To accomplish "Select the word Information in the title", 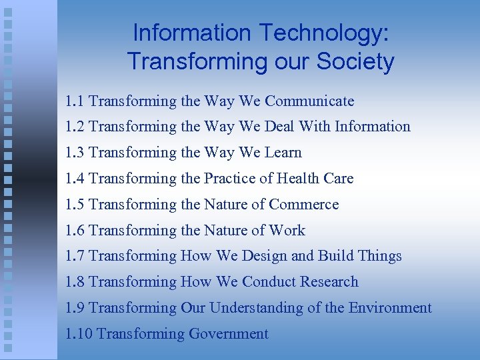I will click(x=191, y=32).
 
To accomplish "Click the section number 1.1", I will click(x=75, y=101).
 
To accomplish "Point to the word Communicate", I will click(x=309, y=101).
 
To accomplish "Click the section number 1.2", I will click(x=75, y=127).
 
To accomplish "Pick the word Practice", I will click(x=225, y=179).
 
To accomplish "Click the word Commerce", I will click(x=303, y=205).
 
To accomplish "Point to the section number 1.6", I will click(x=75, y=231).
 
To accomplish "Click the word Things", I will click(x=379, y=256).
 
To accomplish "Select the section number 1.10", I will click(x=79, y=334).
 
